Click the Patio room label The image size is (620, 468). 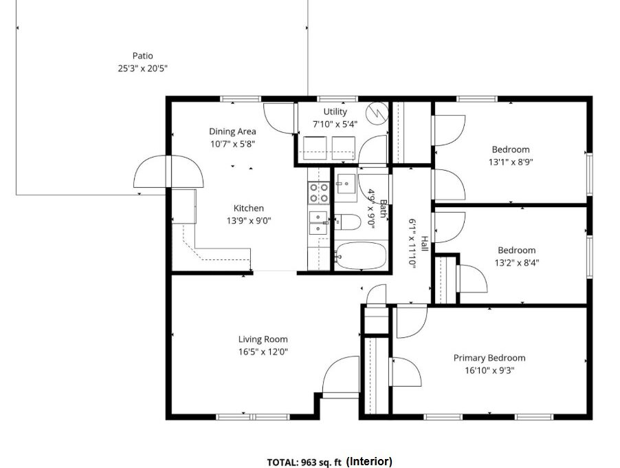click(142, 56)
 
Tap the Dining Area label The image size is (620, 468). click(232, 131)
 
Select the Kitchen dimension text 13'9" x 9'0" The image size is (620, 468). click(249, 220)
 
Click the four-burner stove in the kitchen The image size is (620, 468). click(319, 193)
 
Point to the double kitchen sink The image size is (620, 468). click(319, 223)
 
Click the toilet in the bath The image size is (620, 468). click(348, 222)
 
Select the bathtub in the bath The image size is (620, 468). click(361, 256)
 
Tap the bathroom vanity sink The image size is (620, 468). click(346, 184)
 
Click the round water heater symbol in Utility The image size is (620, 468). click(377, 113)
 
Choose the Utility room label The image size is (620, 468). click(335, 111)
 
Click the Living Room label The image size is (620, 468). click(263, 339)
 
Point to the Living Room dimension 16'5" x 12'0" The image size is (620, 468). click(263, 352)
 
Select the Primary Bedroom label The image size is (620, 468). click(489, 358)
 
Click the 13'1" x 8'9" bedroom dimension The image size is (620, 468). click(511, 162)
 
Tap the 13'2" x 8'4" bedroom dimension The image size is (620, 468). click(517, 262)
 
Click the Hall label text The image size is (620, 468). click(424, 244)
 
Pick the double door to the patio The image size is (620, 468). click(169, 171)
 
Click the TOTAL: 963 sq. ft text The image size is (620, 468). click(304, 462)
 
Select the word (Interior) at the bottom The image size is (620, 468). click(369, 461)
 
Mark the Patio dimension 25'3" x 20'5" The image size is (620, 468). click(142, 69)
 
